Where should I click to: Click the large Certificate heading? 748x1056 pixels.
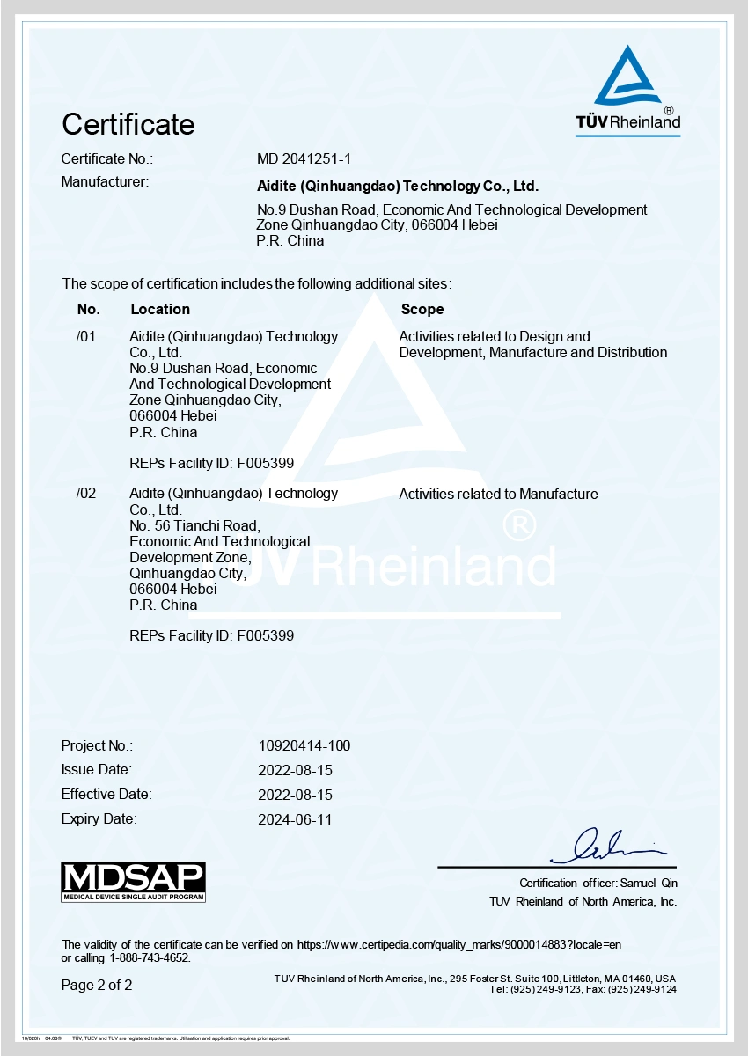[x=128, y=124]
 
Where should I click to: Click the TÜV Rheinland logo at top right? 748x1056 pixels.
[x=627, y=92]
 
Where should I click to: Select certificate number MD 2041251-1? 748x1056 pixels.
[x=304, y=158]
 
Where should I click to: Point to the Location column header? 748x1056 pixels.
[x=160, y=309]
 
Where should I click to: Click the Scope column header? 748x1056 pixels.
[x=422, y=309]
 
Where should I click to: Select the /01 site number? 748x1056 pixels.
[x=85, y=336]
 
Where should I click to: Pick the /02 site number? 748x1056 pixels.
[x=86, y=494]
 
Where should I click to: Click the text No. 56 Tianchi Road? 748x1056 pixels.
[x=194, y=525]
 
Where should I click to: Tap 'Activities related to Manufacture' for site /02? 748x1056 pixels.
[x=498, y=494]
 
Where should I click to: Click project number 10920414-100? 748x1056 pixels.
[x=304, y=745]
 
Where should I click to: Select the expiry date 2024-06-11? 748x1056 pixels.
[x=296, y=819]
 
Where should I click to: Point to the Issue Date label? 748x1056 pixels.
[x=96, y=770]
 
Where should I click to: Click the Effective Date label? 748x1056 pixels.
[x=106, y=795]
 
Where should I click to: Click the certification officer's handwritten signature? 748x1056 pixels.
[x=607, y=847]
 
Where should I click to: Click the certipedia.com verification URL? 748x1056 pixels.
[x=459, y=944]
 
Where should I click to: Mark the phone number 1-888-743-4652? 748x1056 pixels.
[x=150, y=957]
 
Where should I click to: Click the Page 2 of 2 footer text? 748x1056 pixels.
[x=97, y=985]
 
